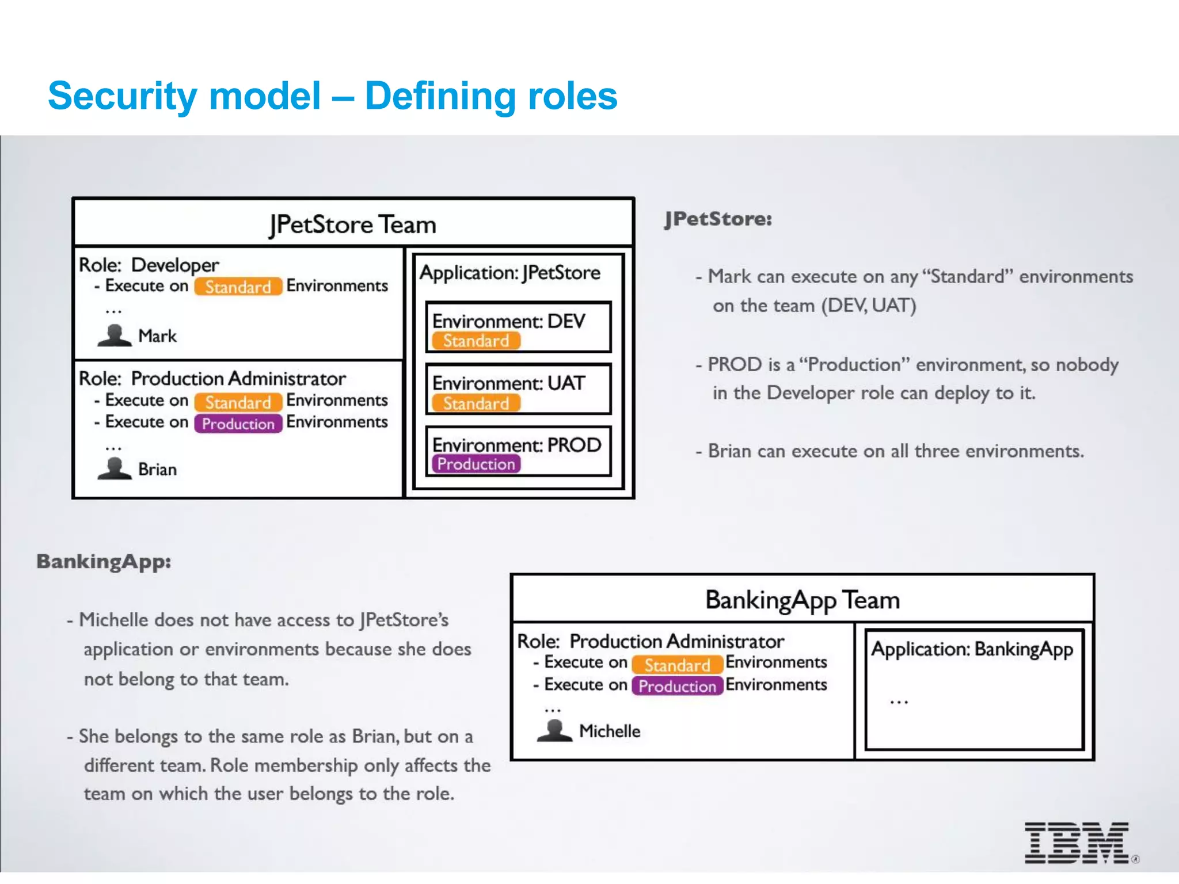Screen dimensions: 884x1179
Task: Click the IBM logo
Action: tap(1077, 843)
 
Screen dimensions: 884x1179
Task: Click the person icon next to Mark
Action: tap(115, 336)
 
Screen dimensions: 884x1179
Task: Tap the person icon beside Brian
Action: tap(115, 468)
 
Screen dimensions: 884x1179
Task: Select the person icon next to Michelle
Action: tap(554, 730)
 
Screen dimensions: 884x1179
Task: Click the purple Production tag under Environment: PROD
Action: tap(476, 464)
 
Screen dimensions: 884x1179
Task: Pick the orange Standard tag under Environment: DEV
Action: tap(476, 341)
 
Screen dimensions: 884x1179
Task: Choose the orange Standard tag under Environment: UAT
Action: tap(476, 403)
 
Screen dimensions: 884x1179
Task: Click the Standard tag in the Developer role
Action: tap(238, 287)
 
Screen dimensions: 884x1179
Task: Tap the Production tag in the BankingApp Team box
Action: tap(677, 686)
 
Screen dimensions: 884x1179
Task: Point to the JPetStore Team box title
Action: tap(353, 224)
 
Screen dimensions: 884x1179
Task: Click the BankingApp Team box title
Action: tap(803, 600)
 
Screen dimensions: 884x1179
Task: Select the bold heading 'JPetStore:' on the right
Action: tap(718, 219)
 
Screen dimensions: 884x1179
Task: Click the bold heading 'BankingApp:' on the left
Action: tap(104, 562)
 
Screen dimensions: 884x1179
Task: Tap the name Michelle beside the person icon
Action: tap(610, 731)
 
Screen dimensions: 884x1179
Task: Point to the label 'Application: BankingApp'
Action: tap(972, 649)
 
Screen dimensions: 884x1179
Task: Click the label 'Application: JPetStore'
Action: tap(510, 272)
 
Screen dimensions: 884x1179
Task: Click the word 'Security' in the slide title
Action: tap(123, 97)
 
